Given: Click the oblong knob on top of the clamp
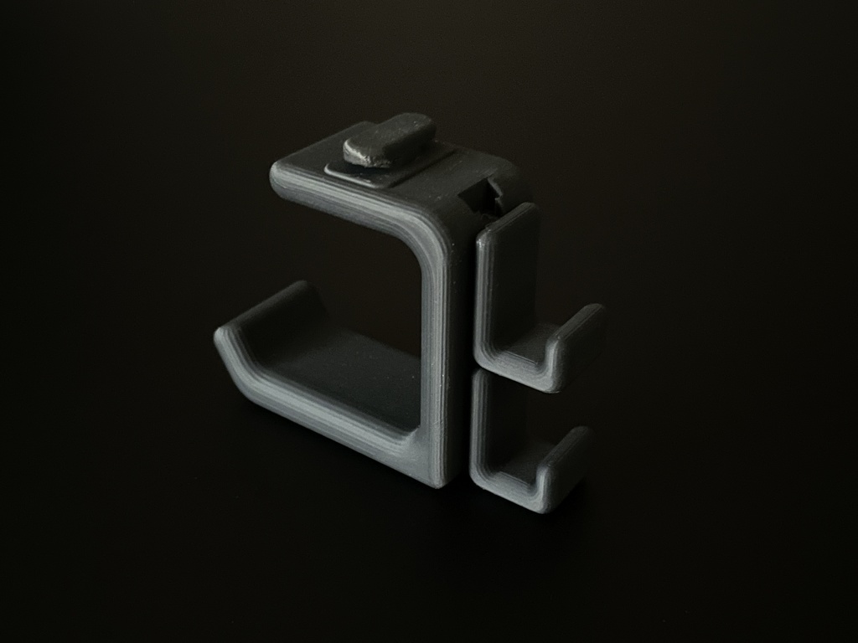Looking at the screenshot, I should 389,139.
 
